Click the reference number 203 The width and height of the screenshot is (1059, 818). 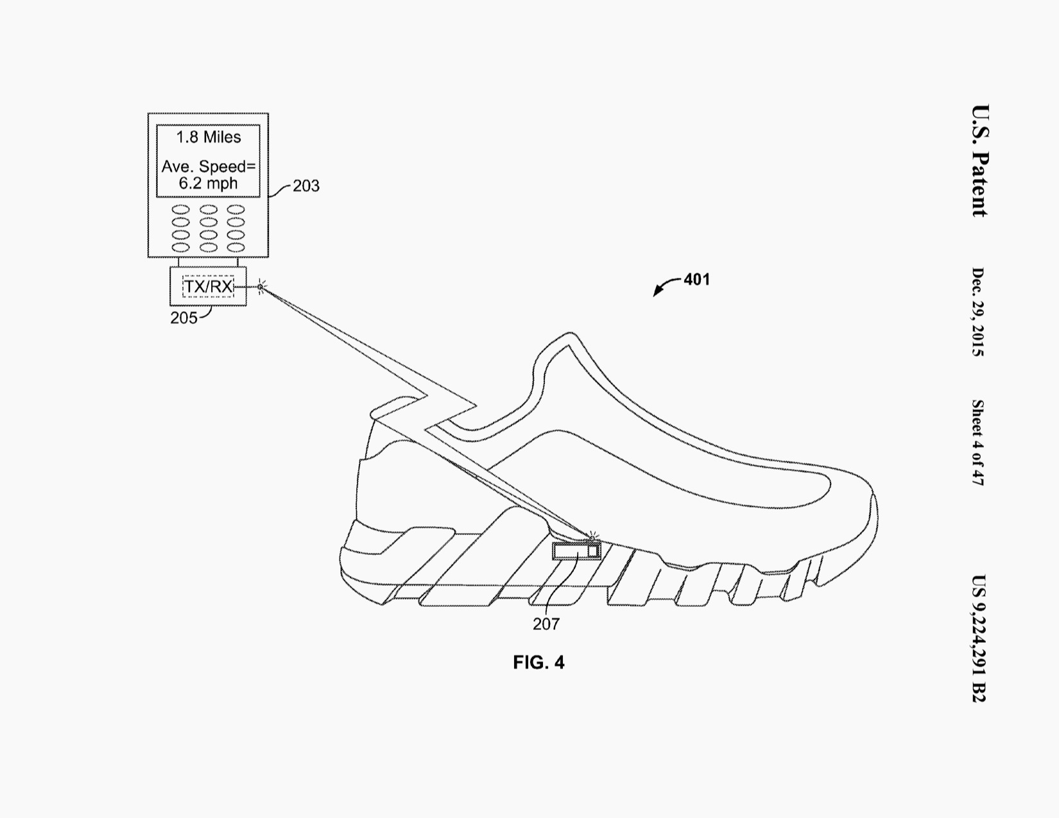click(x=306, y=186)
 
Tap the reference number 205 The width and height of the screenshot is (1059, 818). click(x=184, y=318)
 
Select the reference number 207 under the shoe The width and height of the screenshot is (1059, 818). click(x=546, y=624)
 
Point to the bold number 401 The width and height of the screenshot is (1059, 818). click(x=696, y=280)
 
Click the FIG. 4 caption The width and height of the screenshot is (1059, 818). click(x=538, y=663)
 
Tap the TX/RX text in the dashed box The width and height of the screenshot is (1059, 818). click(x=208, y=286)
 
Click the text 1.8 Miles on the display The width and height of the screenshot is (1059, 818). click(x=209, y=137)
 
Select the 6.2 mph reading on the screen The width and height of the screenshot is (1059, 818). click(x=208, y=183)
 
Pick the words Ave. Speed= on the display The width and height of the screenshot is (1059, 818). click(x=208, y=167)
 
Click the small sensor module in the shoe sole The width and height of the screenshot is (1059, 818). click(x=576, y=551)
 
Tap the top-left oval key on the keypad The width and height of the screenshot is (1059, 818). click(x=181, y=210)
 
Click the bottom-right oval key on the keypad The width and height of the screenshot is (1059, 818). click(x=236, y=247)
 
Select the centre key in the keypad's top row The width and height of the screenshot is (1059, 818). click(x=209, y=210)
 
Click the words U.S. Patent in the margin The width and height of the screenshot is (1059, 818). click(x=980, y=160)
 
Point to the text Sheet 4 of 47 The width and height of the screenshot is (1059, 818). click(x=977, y=442)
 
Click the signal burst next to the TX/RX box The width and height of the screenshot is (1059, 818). click(x=261, y=287)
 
